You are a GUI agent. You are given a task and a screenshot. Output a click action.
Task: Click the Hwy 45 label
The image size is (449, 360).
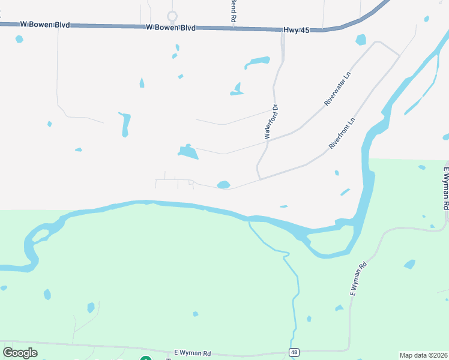click(296, 29)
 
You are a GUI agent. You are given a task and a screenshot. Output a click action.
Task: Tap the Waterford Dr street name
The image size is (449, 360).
click(272, 122)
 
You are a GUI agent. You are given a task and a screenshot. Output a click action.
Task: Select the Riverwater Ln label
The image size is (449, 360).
click(337, 89)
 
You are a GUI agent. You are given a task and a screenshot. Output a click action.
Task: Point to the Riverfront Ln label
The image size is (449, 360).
click(343, 133)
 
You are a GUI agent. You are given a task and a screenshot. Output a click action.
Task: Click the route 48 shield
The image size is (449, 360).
click(294, 352)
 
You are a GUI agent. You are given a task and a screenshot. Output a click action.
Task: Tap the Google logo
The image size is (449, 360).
click(20, 353)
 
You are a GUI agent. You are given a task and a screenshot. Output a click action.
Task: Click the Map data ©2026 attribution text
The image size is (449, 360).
click(424, 355)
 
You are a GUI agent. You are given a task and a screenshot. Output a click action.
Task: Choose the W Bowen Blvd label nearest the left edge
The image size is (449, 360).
click(45, 25)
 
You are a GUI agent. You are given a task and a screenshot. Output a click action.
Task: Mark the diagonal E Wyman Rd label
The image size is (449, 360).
click(358, 280)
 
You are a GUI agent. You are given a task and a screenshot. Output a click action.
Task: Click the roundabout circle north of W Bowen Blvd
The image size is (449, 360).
click(172, 16)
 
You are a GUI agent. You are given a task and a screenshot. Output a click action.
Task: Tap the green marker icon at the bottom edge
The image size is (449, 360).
click(145, 358)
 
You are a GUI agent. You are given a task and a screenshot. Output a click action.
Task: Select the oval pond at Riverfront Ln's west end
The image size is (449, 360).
click(223, 185)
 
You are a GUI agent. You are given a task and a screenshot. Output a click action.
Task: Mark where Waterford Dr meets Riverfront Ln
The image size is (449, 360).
click(259, 178)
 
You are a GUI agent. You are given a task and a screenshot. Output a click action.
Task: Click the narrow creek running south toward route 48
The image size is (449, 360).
click(294, 288)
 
